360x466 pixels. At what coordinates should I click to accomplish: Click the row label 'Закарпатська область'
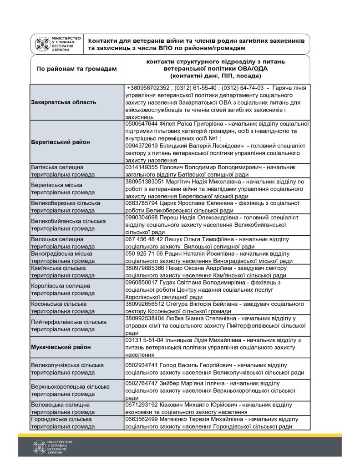coord(64,102)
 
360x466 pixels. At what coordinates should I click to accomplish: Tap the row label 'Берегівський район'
coord(61,142)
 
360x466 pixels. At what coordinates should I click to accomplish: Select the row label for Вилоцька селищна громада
coord(57,243)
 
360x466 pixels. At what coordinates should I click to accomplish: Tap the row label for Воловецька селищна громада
coord(59,408)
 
